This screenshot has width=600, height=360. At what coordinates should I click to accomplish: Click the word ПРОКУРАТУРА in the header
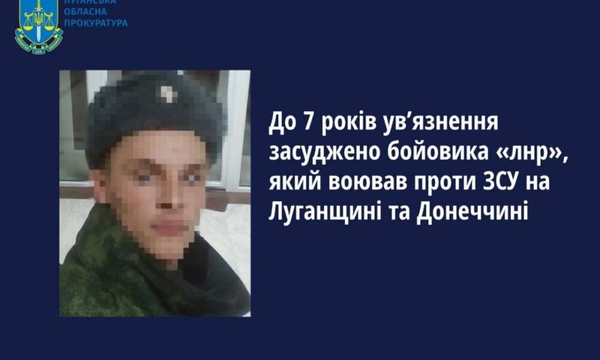tap(95, 23)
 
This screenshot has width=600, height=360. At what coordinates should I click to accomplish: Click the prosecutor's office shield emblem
tap(38, 26)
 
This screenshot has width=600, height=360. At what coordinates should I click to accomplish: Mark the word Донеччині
tap(472, 211)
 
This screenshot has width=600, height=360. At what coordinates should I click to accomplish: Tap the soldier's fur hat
tap(154, 111)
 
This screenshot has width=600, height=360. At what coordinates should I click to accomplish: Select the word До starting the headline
tap(283, 122)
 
